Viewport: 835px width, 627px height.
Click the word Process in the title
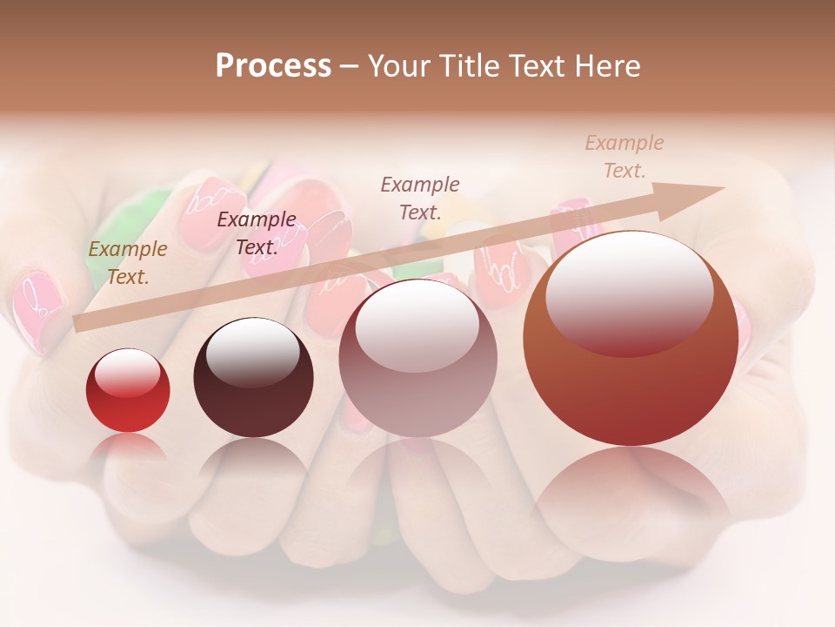[273, 66]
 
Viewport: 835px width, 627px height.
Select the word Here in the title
[609, 66]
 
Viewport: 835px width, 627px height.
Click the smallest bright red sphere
[128, 391]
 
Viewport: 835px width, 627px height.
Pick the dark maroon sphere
[253, 378]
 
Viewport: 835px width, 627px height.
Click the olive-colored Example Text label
[128, 263]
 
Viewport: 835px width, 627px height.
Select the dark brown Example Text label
[257, 233]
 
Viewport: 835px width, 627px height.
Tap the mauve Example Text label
[420, 198]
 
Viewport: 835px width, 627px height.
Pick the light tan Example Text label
[625, 157]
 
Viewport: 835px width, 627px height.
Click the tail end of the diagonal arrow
[78, 323]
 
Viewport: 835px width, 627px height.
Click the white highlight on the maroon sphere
[252, 352]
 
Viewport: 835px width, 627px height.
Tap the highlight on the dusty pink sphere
[417, 325]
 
